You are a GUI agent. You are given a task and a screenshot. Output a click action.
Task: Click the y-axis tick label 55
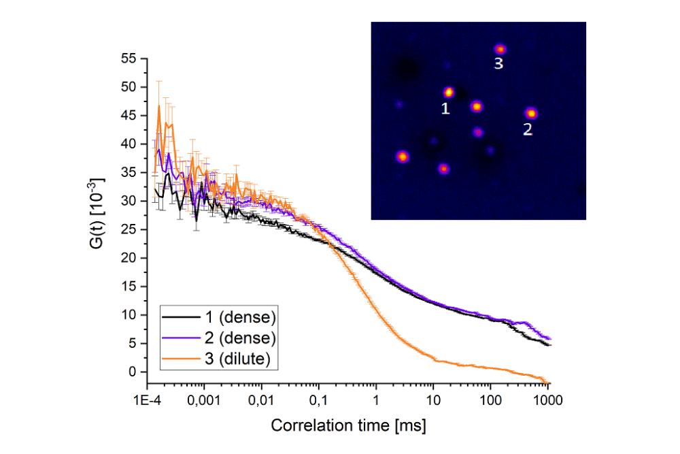pyautogui.click(x=127, y=59)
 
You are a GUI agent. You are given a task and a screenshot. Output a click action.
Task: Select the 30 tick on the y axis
pyautogui.click(x=127, y=201)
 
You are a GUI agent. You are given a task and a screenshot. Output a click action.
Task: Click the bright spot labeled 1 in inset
pyautogui.click(x=448, y=92)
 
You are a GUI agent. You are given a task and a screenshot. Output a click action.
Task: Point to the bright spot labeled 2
pyautogui.click(x=531, y=113)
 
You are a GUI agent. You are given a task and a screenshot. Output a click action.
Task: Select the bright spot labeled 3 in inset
pyautogui.click(x=500, y=49)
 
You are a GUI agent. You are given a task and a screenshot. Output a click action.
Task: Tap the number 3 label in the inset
pyautogui.click(x=498, y=65)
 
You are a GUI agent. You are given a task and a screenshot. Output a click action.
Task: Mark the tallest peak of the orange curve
pyautogui.click(x=159, y=106)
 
